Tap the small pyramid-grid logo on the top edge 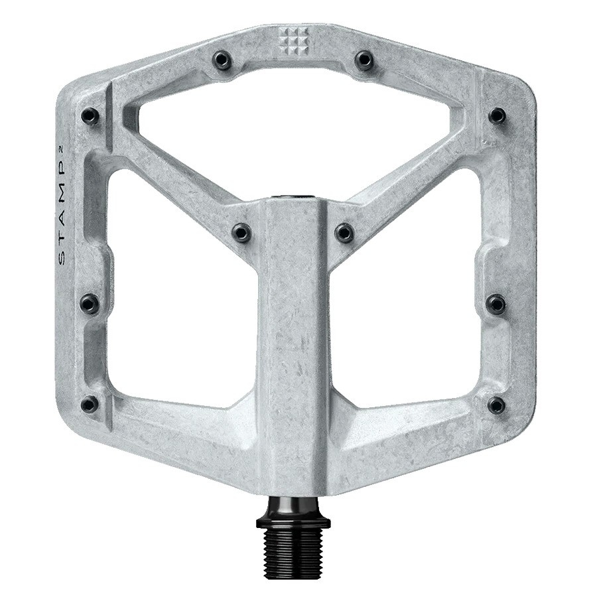coord(293,42)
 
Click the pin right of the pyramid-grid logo coord(364,60)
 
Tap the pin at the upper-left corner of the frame coord(90,117)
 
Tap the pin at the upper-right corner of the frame coord(497,116)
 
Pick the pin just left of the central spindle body coord(241,232)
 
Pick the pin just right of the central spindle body coord(344,232)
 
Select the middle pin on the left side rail coord(90,304)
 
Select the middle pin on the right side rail coord(496,304)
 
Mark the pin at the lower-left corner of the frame coord(89,404)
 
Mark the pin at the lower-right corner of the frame coord(496,405)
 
